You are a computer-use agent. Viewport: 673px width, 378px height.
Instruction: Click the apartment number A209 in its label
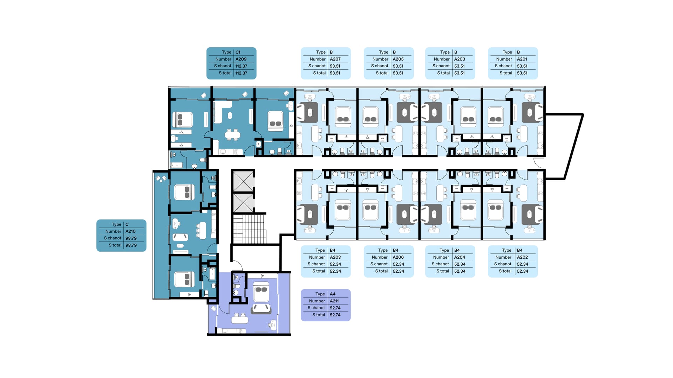pos(241,59)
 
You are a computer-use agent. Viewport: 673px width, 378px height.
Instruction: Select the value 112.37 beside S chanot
pos(241,66)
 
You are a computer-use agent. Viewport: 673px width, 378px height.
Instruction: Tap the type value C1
pos(238,52)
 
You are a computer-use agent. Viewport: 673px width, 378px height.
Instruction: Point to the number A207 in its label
pos(335,59)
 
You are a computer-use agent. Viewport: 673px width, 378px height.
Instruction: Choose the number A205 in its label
pos(398,59)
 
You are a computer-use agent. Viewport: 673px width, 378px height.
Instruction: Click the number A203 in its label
pos(460,59)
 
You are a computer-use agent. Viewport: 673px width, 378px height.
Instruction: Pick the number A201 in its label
pos(522,59)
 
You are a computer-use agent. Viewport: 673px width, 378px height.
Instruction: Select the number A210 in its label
pos(130,231)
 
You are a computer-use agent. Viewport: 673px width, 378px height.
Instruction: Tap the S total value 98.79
pos(131,245)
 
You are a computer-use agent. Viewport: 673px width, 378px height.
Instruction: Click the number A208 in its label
pos(335,257)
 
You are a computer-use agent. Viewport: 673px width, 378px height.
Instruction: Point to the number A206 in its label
pos(398,257)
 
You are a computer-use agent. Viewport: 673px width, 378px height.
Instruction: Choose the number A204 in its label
pos(460,257)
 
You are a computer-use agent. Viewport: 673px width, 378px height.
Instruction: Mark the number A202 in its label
pos(522,257)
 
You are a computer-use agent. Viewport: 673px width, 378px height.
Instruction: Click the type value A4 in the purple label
pos(333,294)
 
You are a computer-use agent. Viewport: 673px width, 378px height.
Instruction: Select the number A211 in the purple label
pos(334,301)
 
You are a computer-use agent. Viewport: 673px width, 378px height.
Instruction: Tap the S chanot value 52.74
pos(335,308)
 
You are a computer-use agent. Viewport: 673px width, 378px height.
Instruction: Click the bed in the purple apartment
pos(261,292)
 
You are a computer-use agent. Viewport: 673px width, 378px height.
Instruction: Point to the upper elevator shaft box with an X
pos(243,181)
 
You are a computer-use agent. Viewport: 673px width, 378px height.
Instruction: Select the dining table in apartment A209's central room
pos(232,134)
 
